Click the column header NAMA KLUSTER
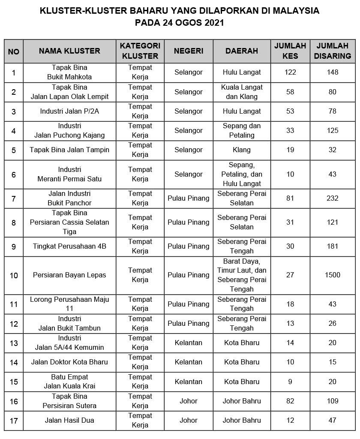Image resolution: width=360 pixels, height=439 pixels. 69,51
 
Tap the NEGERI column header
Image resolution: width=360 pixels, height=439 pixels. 189,51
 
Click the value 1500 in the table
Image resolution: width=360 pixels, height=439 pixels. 332,275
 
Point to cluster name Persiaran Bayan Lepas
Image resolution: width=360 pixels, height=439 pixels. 69,275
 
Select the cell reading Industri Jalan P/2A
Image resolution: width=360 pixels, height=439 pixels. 69,111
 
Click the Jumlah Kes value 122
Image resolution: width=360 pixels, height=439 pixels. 290,72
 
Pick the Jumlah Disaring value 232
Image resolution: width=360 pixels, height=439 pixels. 332,198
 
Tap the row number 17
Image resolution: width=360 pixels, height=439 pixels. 14,421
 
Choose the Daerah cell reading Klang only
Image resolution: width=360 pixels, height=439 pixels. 242,150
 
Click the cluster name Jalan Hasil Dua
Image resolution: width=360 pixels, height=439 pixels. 69,421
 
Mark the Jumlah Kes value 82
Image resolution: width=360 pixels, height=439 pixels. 290,401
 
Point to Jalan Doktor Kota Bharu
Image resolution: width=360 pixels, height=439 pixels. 69,362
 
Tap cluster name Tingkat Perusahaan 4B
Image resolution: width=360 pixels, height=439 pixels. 69,247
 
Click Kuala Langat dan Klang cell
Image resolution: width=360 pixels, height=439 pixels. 242,92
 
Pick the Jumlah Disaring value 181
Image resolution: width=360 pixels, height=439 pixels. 332,247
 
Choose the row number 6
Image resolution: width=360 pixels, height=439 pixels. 14,174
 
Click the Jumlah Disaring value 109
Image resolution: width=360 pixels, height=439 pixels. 332,401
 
